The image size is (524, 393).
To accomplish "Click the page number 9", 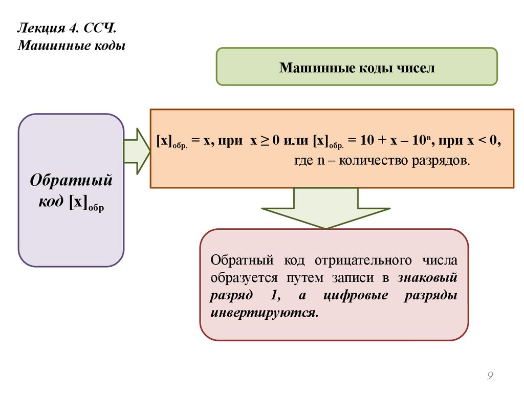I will (490, 376).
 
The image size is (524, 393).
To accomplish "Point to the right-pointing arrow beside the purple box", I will (136, 151).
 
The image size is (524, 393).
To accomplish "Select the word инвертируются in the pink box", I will (264, 312).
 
